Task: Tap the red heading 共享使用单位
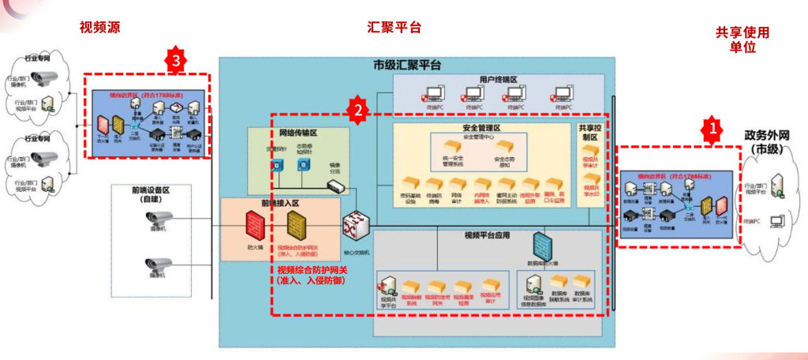click(743, 39)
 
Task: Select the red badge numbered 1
click(712, 126)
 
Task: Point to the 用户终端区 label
click(498, 80)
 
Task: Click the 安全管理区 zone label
click(481, 128)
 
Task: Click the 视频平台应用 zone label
click(481, 235)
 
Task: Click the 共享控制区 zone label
click(588, 132)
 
